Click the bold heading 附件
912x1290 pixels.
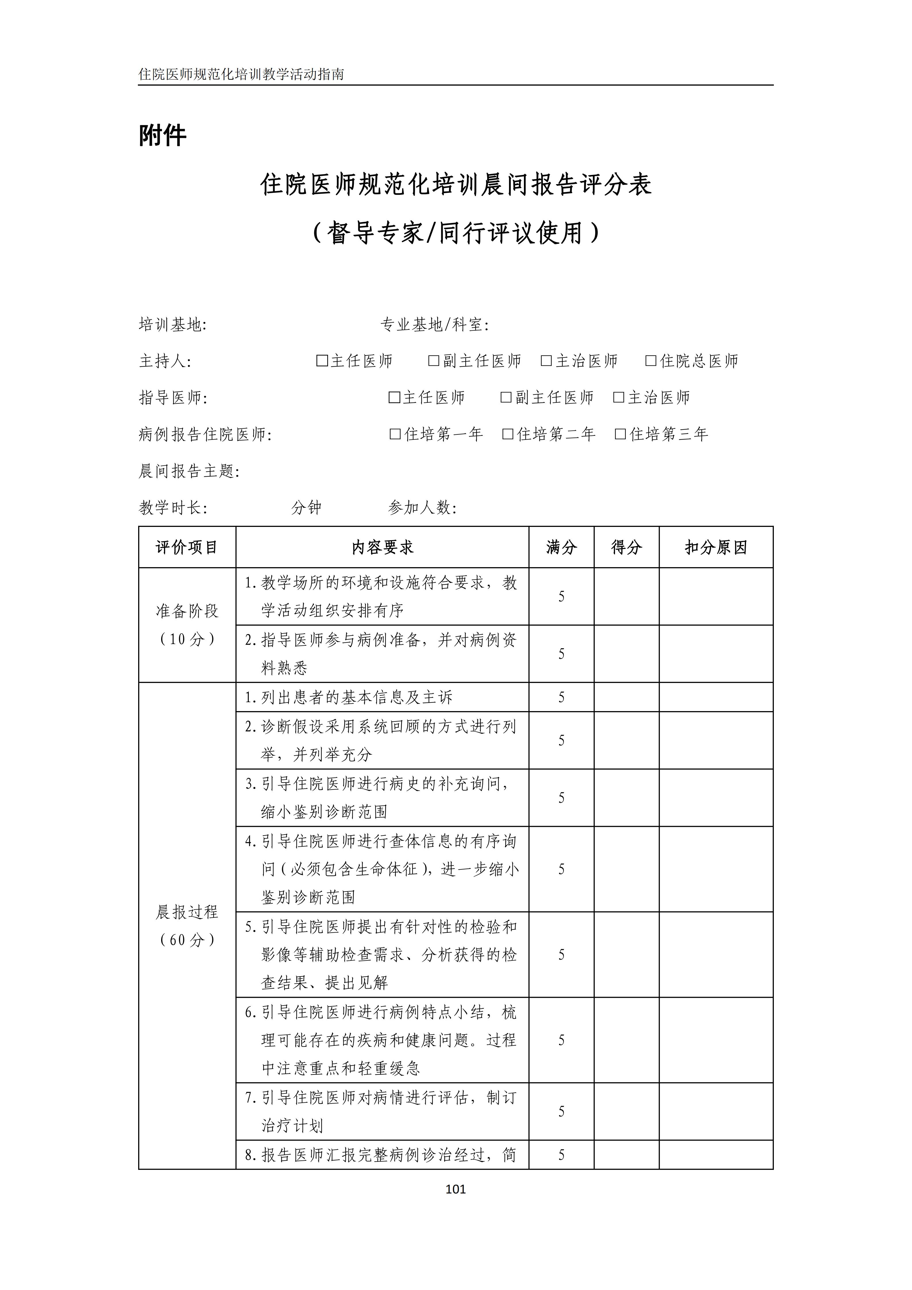[x=162, y=135]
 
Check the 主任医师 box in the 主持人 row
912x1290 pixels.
[x=322, y=361]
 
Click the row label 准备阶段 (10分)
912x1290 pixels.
[x=187, y=625]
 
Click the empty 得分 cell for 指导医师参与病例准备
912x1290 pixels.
[x=626, y=653]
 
